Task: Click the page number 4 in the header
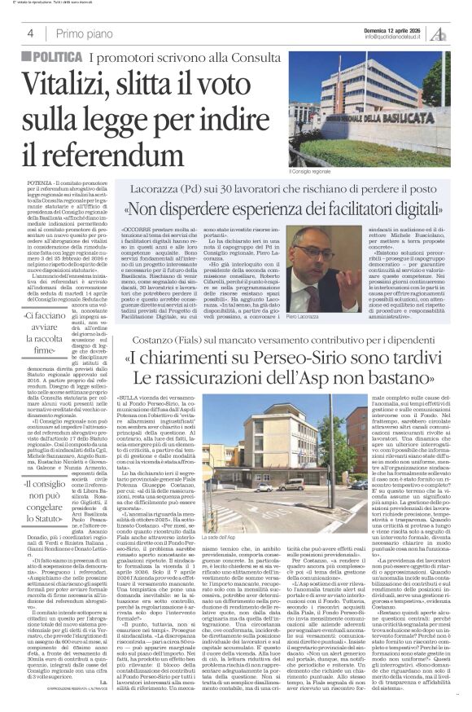(x=30, y=33)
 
